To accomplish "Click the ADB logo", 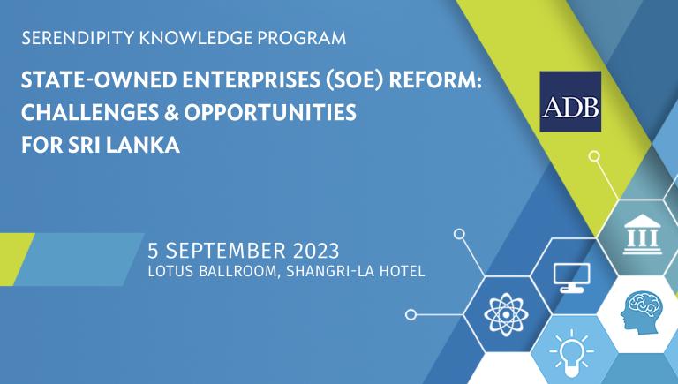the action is click(x=570, y=102).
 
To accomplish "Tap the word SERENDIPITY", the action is click(x=78, y=38).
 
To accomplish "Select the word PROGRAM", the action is click(x=302, y=38).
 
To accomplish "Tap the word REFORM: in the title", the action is click(x=435, y=80).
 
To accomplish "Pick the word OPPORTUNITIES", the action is click(x=270, y=112).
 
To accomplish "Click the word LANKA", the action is click(x=143, y=145).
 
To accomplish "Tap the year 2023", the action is click(x=316, y=251).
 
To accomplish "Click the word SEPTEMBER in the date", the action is click(x=225, y=251).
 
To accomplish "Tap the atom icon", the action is click(x=507, y=314).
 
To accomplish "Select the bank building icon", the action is click(x=643, y=234).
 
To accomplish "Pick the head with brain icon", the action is click(x=641, y=312).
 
